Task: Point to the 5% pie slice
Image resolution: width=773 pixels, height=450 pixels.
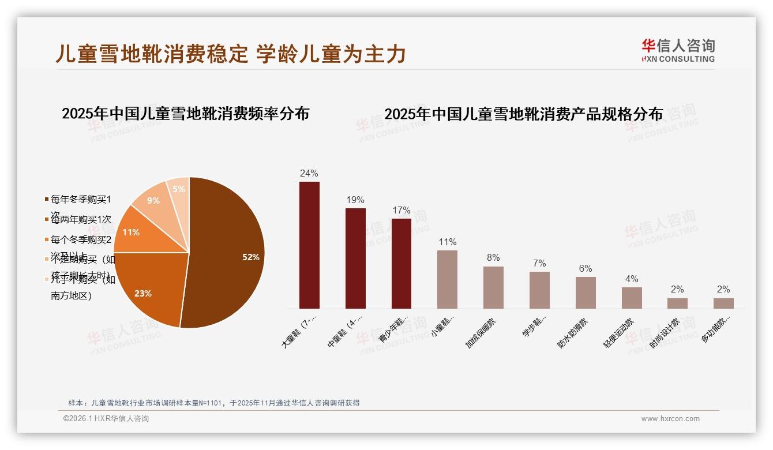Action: click(179, 189)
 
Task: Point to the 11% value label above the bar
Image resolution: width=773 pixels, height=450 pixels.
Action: click(448, 242)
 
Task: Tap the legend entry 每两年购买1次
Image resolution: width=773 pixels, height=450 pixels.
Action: click(81, 220)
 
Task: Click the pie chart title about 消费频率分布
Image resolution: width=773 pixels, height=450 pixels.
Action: click(185, 113)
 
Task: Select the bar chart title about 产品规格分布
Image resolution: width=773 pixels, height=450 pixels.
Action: click(523, 114)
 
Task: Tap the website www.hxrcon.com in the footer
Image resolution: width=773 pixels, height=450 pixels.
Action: click(670, 419)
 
